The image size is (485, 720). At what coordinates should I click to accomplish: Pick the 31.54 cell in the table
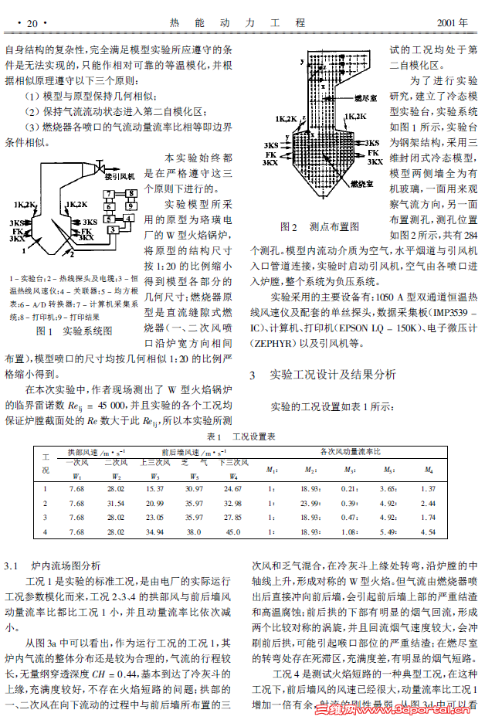pyautogui.click(x=115, y=503)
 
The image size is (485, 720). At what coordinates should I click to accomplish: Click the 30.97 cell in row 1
pyautogui.click(x=194, y=488)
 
